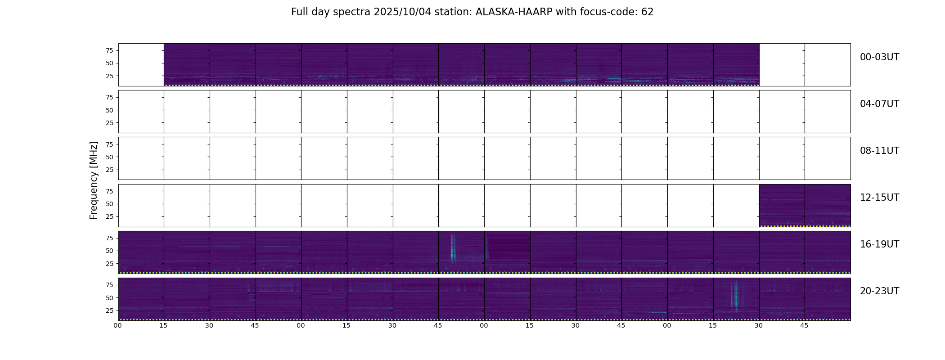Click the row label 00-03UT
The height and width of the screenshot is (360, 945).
click(879, 57)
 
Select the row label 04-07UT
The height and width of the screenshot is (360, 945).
click(879, 104)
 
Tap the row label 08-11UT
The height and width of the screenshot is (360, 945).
click(879, 151)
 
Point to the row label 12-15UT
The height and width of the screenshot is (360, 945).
click(879, 198)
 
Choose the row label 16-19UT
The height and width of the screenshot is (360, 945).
click(879, 244)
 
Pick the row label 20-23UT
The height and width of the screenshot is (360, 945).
click(879, 291)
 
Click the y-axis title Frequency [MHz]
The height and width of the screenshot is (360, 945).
click(94, 180)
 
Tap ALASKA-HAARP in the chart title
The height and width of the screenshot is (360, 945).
click(514, 12)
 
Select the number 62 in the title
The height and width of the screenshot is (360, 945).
click(648, 12)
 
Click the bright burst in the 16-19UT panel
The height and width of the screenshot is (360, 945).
click(453, 248)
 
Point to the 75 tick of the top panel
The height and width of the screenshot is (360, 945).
click(109, 50)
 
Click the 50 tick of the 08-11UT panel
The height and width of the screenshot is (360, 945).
click(109, 157)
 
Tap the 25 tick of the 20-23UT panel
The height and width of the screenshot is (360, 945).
click(109, 310)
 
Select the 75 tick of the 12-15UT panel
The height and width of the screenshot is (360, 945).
click(109, 191)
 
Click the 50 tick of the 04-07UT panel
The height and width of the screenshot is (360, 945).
click(109, 110)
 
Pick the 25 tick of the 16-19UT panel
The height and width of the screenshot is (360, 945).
click(109, 264)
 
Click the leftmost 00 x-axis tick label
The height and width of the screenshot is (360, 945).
click(118, 326)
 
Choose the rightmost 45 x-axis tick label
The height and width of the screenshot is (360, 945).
click(804, 326)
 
